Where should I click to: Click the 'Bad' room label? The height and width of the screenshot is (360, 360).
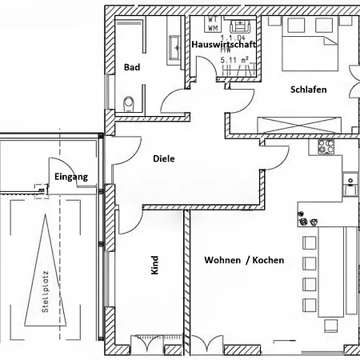pyautogui.click(x=132, y=68)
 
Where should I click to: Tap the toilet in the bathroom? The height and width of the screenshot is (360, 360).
pyautogui.click(x=129, y=102)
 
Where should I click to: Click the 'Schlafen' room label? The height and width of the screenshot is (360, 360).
pyautogui.click(x=308, y=90)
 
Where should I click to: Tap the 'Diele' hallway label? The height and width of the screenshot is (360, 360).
pyautogui.click(x=163, y=158)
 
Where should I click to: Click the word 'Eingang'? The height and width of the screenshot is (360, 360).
pyautogui.click(x=70, y=175)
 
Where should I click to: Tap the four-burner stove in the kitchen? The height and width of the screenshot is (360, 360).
pyautogui.click(x=326, y=146)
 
